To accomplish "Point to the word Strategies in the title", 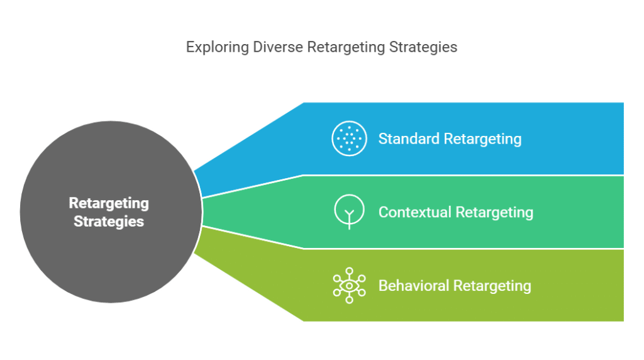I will pyautogui.click(x=422, y=48).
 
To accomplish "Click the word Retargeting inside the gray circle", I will pyautogui.click(x=109, y=203).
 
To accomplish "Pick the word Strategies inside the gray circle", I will pyautogui.click(x=109, y=222).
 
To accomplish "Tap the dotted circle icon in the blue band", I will pyautogui.click(x=349, y=138).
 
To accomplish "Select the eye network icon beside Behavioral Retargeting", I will pyautogui.click(x=349, y=286).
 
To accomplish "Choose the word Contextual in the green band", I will pyautogui.click(x=414, y=212).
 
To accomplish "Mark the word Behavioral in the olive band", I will pyautogui.click(x=414, y=286).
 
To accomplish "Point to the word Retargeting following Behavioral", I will pyautogui.click(x=492, y=286).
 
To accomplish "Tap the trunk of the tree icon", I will pyautogui.click(x=349, y=222).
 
